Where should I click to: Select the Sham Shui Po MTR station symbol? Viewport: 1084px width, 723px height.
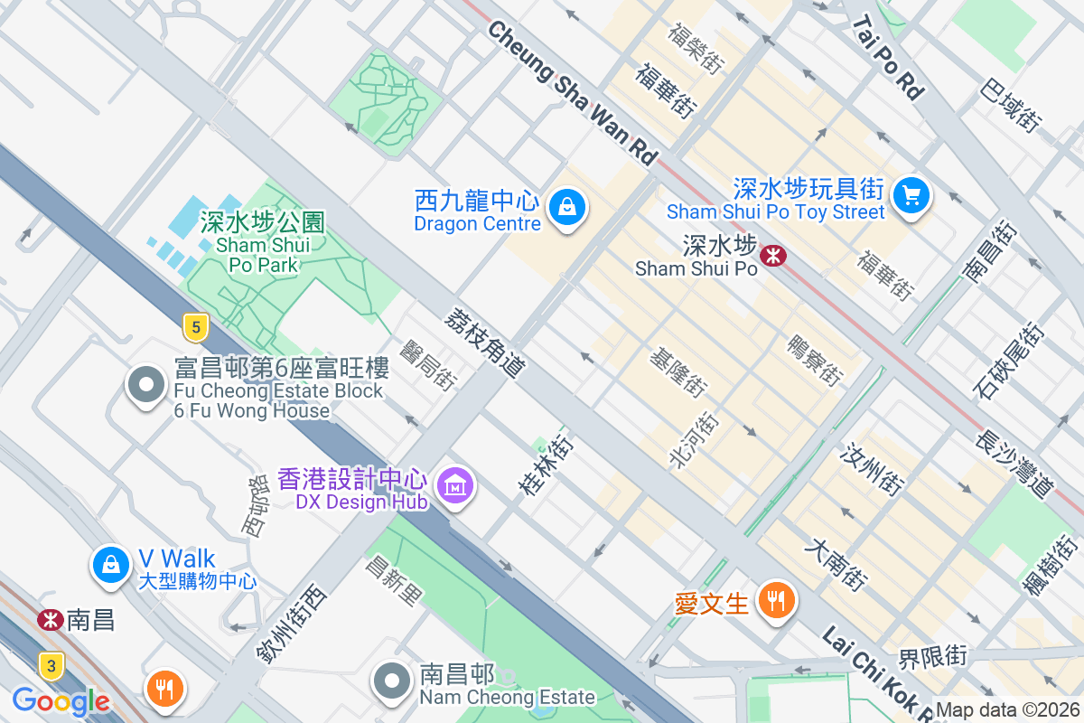coord(773,256)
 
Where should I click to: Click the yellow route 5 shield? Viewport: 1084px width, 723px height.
coord(195,326)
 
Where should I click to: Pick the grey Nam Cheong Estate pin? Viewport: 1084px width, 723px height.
coord(392,681)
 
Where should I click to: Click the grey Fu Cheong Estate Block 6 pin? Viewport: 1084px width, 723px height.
coord(145,386)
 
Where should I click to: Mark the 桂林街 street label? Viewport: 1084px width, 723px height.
coord(546,465)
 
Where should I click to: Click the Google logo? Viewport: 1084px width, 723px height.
coord(61,700)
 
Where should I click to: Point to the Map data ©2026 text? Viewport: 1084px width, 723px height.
coord(1008,710)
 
